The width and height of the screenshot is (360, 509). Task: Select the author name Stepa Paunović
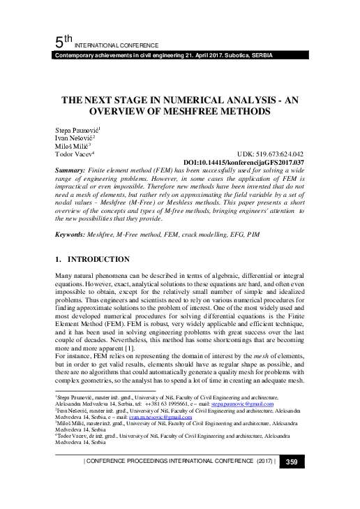click(x=77, y=131)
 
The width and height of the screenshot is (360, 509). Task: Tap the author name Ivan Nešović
click(x=74, y=138)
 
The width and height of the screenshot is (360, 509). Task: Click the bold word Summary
click(x=69, y=170)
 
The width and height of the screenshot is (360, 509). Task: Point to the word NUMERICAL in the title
click(x=184, y=99)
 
